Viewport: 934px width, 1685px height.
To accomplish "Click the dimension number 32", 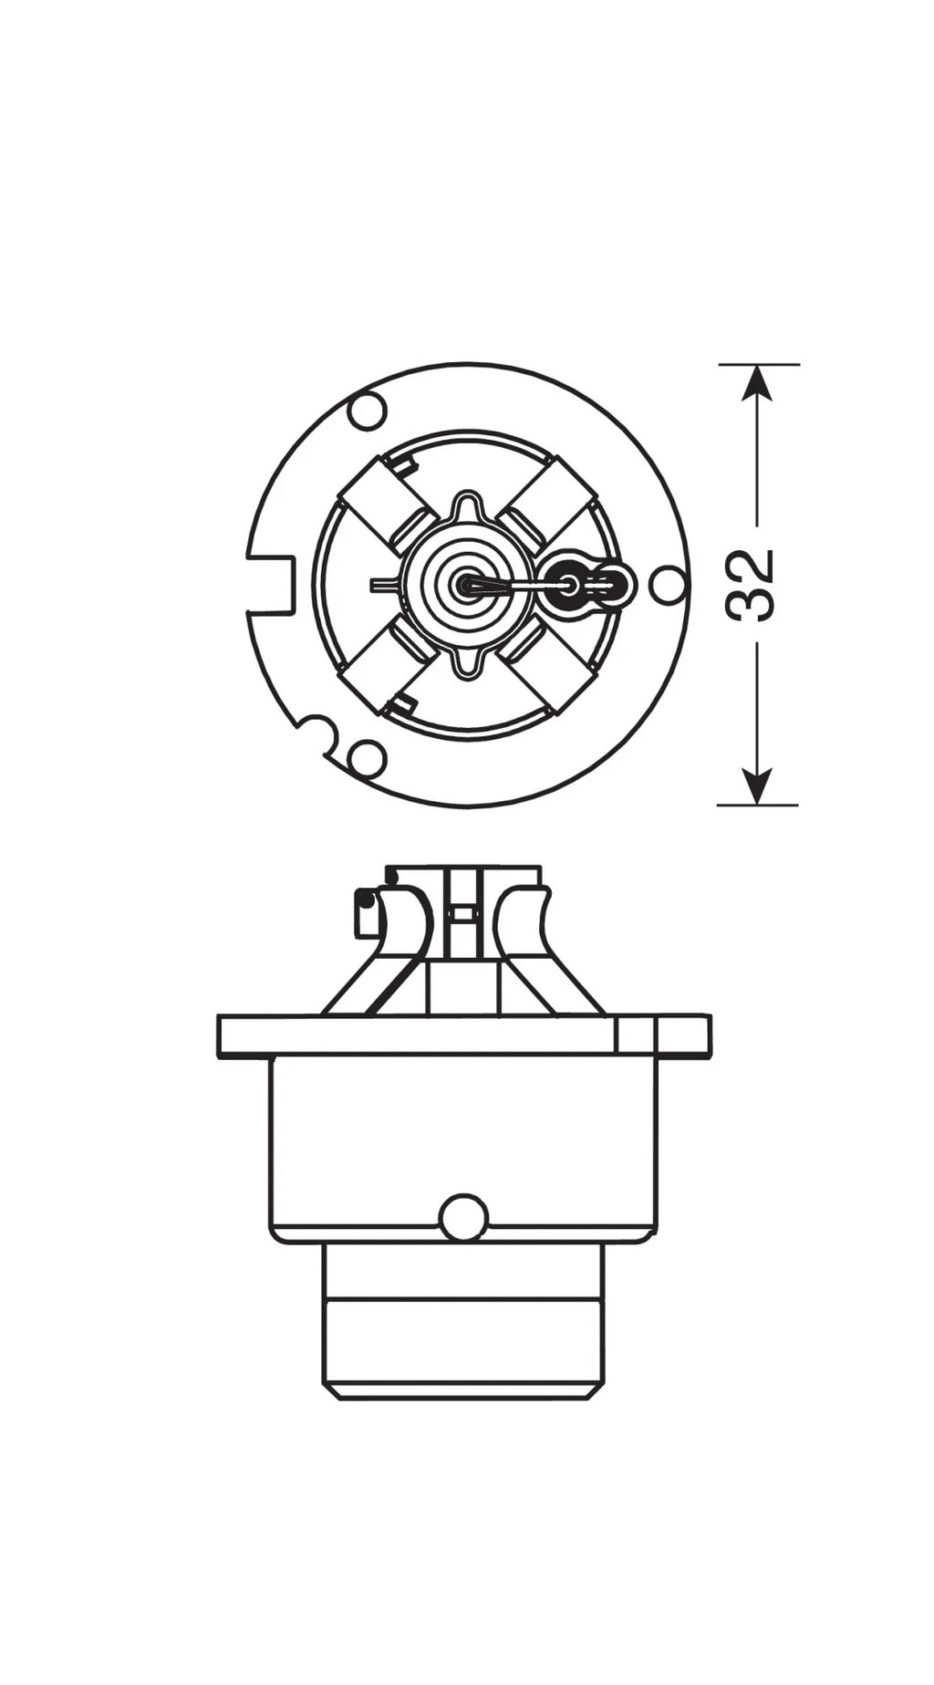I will point(753,585).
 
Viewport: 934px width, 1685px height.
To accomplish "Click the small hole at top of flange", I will point(367,411).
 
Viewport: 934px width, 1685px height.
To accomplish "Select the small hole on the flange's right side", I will point(670,582).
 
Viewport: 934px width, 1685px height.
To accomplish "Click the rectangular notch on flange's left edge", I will point(272,584).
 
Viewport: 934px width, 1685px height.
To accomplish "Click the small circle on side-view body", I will point(463,1217).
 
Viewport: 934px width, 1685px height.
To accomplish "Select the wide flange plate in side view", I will point(463,1035).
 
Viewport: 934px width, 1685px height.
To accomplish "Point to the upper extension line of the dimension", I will point(759,364).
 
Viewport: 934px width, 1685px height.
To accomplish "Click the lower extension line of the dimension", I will point(758,805).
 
